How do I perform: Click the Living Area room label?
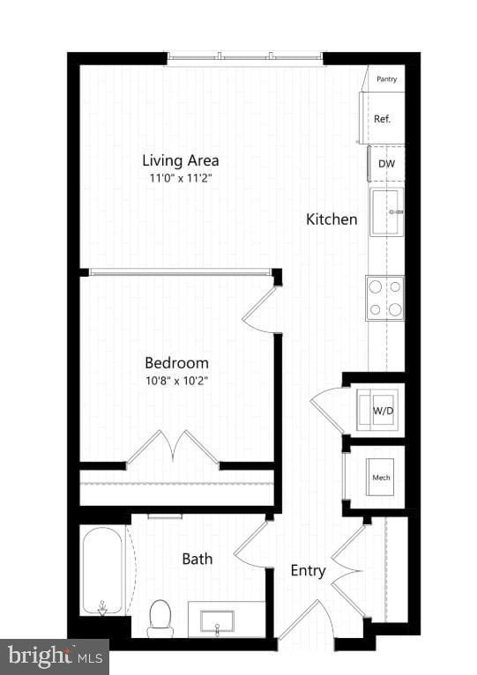click(181, 160)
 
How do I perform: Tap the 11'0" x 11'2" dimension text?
click(181, 178)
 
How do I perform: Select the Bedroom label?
click(176, 362)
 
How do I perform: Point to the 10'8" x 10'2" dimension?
click(176, 381)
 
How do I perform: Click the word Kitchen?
click(332, 219)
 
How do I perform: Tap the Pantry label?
click(386, 79)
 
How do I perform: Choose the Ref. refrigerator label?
click(383, 119)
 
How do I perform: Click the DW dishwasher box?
click(386, 164)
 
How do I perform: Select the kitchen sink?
click(386, 211)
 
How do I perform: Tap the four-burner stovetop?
click(385, 298)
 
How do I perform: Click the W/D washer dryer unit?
click(383, 410)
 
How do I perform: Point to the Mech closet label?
click(381, 478)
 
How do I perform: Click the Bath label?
click(197, 558)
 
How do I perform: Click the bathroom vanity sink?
click(216, 620)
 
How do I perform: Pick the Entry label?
click(308, 570)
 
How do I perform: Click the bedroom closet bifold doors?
click(173, 448)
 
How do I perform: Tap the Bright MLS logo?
click(54, 656)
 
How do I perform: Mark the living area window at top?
click(245, 59)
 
